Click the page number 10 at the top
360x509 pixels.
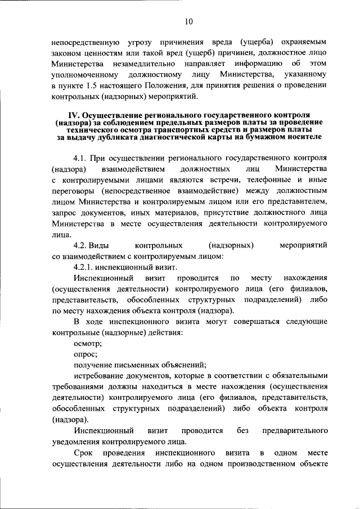coord(188,21)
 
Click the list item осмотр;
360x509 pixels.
coord(87,343)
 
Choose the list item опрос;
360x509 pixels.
coord(85,354)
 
